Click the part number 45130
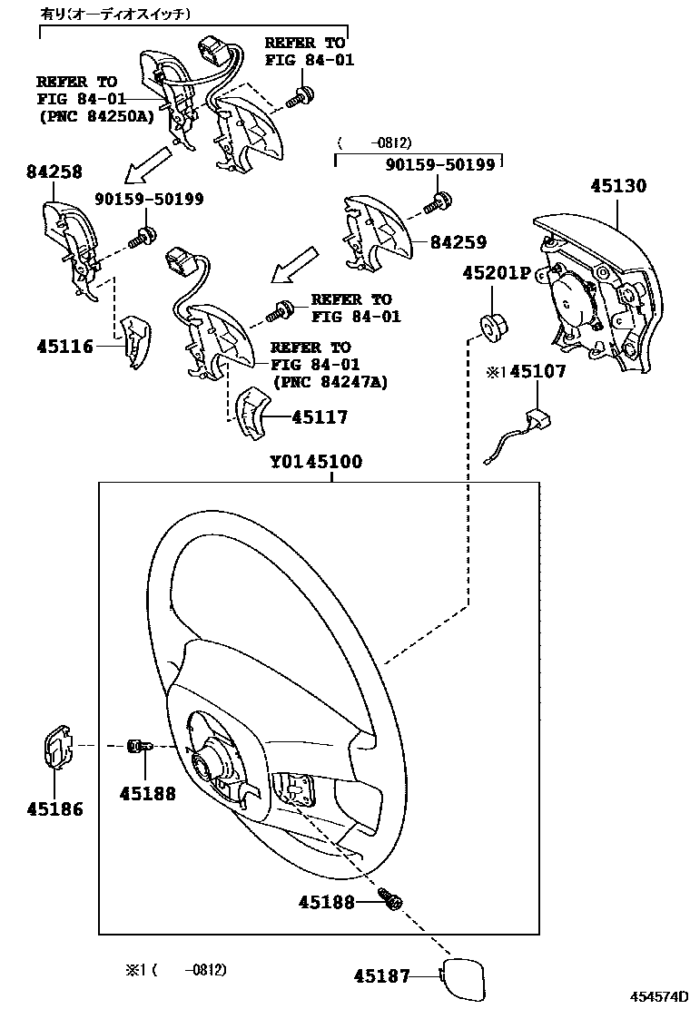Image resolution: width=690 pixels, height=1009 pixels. (618, 186)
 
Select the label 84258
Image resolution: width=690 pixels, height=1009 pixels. (55, 172)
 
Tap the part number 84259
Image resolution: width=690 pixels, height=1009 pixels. (458, 242)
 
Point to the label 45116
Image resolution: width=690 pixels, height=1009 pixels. (65, 346)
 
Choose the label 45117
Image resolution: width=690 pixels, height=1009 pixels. (320, 417)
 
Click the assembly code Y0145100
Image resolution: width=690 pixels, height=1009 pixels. (315, 462)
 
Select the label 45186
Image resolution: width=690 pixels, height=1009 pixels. (54, 808)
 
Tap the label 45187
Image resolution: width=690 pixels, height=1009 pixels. (381, 976)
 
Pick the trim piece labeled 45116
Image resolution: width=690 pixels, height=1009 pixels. (136, 342)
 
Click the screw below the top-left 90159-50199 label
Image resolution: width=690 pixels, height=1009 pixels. (142, 238)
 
